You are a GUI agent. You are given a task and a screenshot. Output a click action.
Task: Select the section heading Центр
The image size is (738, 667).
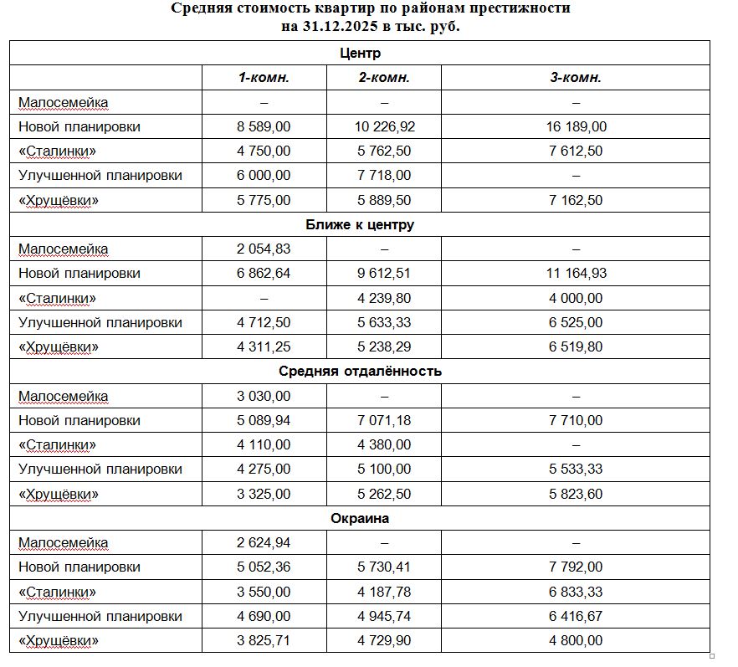361,53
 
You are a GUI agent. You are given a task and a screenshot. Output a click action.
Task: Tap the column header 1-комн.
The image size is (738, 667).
264,78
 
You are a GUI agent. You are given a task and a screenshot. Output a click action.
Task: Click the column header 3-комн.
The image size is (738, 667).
576,78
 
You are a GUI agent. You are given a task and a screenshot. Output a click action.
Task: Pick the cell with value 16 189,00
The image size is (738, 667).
576,127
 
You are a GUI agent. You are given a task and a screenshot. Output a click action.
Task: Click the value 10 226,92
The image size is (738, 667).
383,127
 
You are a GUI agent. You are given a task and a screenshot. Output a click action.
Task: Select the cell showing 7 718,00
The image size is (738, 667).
383,176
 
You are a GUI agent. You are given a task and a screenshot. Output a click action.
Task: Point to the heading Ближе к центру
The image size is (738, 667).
361,225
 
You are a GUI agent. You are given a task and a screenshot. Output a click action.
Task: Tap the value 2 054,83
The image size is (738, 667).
264,249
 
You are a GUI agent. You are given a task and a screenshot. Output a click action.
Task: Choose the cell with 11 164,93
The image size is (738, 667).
576,274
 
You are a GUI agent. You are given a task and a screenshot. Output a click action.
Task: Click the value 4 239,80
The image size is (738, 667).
383,298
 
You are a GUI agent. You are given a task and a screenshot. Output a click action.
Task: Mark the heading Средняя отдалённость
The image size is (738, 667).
361,372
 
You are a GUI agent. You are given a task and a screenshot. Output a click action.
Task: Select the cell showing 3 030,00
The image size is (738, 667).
264,396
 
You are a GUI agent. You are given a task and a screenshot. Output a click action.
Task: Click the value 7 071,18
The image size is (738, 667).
383,420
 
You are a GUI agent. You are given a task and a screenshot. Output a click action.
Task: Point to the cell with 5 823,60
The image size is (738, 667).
576,494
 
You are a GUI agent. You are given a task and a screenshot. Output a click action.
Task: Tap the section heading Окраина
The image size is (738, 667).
361,518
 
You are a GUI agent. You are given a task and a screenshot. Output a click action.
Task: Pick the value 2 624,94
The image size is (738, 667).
264,542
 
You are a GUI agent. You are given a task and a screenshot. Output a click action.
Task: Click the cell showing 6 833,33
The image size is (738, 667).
576,592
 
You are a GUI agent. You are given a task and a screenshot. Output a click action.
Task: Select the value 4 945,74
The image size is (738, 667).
383,616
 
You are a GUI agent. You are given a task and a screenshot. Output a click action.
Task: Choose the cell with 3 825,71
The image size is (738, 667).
264,640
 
